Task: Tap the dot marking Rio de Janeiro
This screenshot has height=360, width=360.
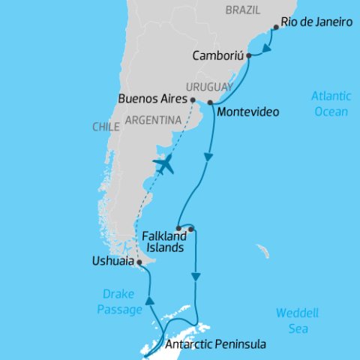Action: click(277, 28)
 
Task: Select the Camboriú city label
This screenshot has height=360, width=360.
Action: click(217, 55)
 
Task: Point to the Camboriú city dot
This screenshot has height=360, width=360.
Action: click(248, 55)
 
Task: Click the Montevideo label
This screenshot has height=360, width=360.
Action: click(247, 112)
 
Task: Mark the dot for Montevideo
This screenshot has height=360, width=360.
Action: click(210, 102)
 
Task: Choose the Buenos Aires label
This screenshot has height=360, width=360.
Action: click(152, 98)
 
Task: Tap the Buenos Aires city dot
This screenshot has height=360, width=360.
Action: click(193, 99)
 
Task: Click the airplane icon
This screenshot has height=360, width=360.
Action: click(163, 164)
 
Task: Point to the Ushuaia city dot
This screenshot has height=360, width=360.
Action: click(139, 262)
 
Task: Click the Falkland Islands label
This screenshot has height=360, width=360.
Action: click(162, 241)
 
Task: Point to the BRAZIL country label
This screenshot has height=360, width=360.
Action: click(244, 10)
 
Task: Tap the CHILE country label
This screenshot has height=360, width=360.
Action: click(106, 127)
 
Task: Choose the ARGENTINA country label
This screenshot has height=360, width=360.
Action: click(153, 120)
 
